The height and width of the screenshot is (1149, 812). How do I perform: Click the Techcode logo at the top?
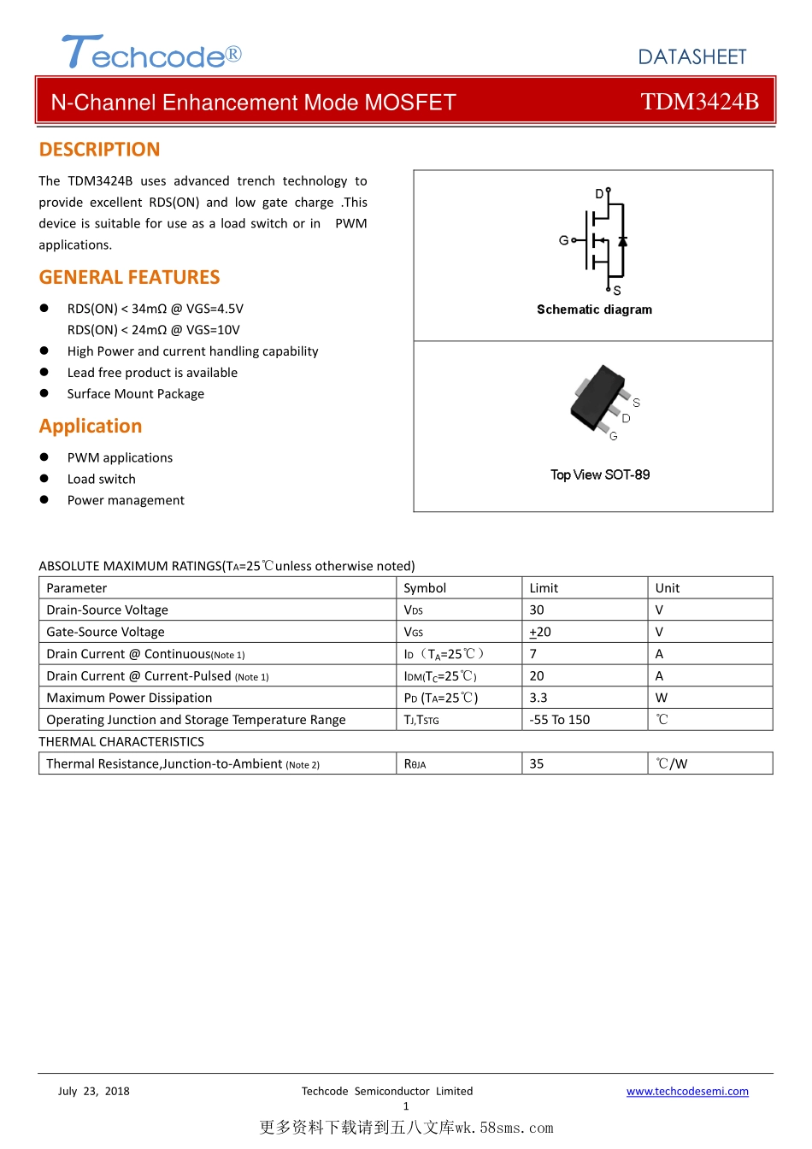(151, 53)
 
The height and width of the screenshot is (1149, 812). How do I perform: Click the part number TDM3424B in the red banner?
(699, 102)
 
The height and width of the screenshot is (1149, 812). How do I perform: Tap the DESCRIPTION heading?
(99, 150)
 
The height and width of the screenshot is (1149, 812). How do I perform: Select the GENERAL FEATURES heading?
(129, 277)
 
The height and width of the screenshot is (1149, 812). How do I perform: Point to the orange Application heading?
(91, 426)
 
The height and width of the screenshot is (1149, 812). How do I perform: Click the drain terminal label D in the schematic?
(599, 194)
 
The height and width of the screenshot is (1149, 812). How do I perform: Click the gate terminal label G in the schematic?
(563, 240)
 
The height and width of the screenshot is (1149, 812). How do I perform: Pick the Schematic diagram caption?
(594, 309)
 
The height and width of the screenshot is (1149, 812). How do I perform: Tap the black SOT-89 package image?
(598, 397)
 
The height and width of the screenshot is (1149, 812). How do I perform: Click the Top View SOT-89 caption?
(600, 474)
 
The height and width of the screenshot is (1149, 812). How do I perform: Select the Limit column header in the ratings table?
(544, 588)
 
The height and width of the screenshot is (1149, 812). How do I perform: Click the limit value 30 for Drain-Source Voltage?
(537, 610)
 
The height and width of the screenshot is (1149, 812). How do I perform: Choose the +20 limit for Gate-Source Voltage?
(540, 632)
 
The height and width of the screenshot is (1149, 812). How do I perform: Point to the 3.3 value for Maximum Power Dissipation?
(538, 698)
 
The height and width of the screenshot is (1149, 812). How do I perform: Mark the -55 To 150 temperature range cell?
(560, 720)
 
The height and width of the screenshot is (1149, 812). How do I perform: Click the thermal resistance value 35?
(537, 763)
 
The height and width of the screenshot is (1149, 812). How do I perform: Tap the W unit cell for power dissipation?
(662, 698)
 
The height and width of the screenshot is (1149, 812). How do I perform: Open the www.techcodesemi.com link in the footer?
(687, 1091)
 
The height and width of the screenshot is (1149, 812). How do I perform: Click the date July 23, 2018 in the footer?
(94, 1091)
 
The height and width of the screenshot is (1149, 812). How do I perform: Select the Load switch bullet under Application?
(102, 479)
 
